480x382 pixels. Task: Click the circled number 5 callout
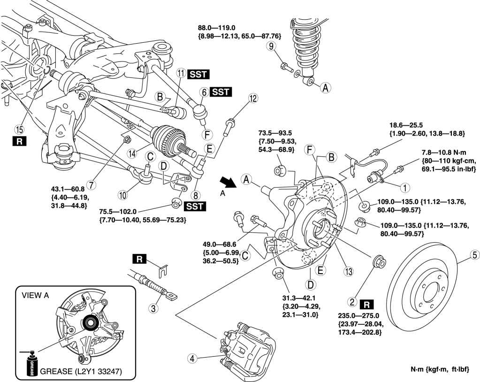[475, 255]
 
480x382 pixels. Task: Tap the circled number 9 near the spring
[270, 46]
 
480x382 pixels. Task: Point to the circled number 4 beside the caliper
[191, 358]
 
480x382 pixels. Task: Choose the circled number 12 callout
[253, 99]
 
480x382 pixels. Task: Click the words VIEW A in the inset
[37, 296]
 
